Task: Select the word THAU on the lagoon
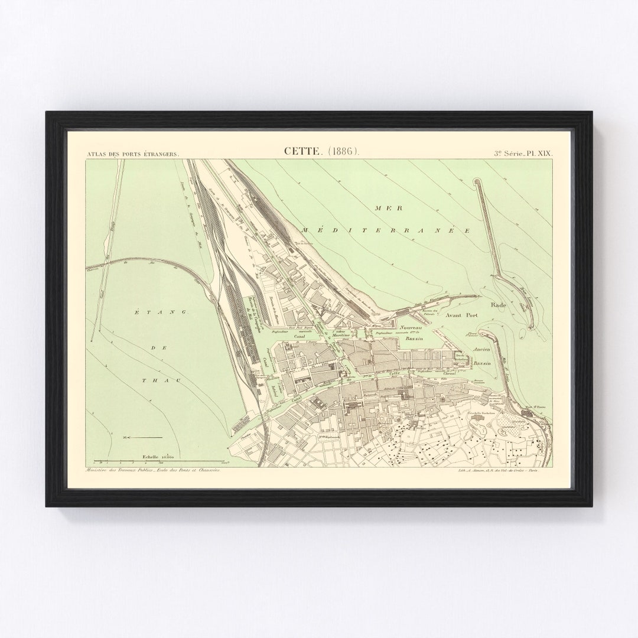tap(154, 381)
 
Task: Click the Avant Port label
tap(461, 316)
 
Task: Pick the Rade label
tap(499, 305)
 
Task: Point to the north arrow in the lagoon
tap(142, 437)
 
